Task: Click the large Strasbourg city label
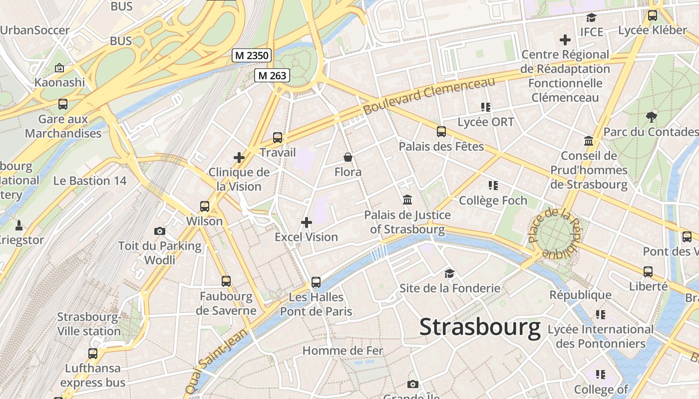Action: pos(480,328)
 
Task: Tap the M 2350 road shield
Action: pos(252,55)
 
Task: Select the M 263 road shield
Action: pos(272,75)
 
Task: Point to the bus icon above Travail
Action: pos(278,138)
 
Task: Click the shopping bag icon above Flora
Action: pos(348,158)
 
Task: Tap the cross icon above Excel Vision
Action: pos(307,222)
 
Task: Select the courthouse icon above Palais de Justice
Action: pos(407,200)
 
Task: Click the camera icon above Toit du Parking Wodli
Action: pos(160,231)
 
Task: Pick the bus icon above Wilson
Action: pos(204,206)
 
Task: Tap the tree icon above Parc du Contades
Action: pos(651,117)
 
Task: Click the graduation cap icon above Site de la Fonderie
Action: pos(450,273)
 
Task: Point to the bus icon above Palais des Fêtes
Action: pos(441,132)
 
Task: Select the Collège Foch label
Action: pos(493,200)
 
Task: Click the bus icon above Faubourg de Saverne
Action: pos(226,281)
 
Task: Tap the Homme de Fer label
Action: pos(343,351)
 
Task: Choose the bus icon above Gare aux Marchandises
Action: pos(63,104)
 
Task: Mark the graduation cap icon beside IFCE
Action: pos(592,18)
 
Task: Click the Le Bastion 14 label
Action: pos(90,181)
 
